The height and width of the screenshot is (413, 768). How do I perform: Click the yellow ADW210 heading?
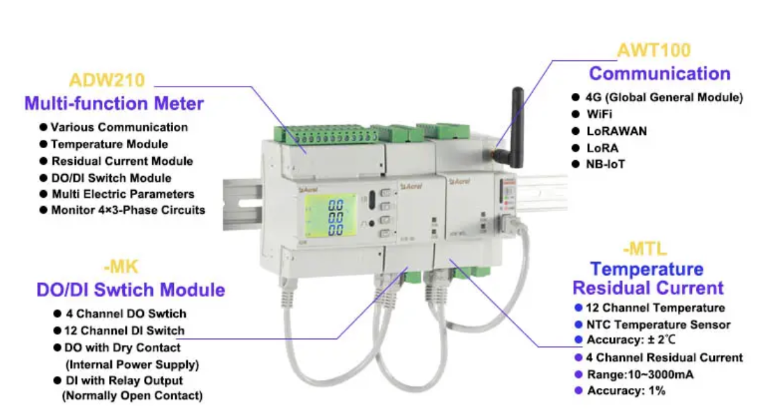pos(107,80)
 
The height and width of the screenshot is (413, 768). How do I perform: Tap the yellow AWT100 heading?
pos(653,50)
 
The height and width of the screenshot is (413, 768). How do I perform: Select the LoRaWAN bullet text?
pos(616,131)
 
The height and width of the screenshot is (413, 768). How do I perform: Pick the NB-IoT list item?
pos(605,164)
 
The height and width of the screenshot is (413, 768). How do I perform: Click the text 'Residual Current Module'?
pos(121,161)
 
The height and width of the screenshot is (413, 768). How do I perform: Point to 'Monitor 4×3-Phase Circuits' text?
pos(128,210)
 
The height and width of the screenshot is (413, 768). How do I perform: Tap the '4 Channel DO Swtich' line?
pos(126,314)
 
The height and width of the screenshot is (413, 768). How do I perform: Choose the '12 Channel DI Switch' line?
pos(124,331)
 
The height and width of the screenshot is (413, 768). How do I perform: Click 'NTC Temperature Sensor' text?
pos(658,324)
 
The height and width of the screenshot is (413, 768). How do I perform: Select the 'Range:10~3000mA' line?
pos(640,375)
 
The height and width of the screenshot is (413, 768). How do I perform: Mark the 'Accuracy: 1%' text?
pos(626,391)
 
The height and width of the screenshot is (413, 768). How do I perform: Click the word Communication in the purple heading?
pos(660,73)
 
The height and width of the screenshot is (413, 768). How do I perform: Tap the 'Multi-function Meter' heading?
pos(114,104)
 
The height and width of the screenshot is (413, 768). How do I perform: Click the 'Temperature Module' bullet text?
pos(109,144)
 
